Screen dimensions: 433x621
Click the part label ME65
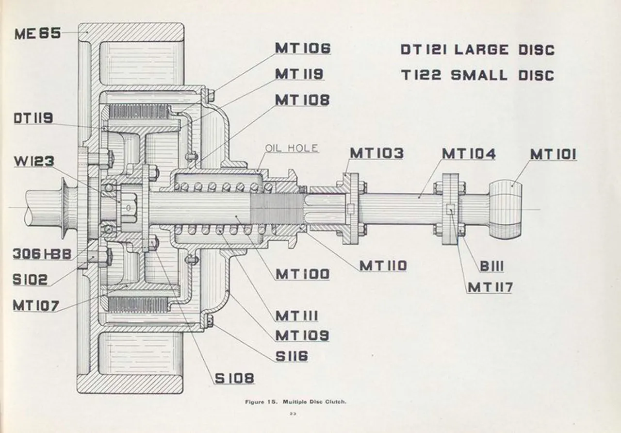(38, 34)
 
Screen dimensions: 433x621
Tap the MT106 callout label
(302, 49)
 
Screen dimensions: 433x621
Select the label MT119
(299, 74)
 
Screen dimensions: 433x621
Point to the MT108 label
(302, 100)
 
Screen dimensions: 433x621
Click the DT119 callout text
(33, 118)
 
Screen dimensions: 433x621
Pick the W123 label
(33, 161)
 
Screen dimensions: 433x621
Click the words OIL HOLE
(292, 149)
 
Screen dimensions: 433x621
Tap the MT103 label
(376, 153)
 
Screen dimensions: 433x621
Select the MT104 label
(469, 154)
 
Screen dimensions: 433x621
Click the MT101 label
(553, 154)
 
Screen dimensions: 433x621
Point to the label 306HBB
(42, 254)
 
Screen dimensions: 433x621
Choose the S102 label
(30, 280)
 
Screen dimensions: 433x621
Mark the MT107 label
(36, 305)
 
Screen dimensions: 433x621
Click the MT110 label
(383, 266)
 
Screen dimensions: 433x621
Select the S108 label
(234, 378)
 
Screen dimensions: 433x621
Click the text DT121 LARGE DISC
(477, 50)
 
